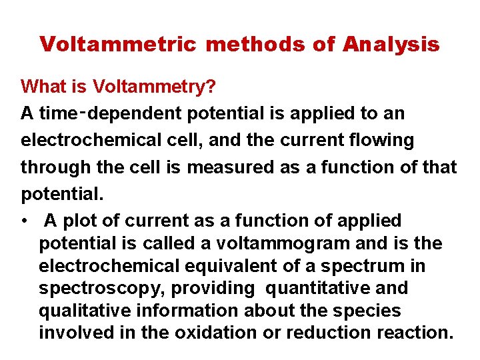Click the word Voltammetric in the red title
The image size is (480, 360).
(117, 45)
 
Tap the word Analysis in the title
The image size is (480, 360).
(391, 45)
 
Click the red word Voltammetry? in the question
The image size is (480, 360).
(149, 87)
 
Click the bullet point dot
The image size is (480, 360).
(23, 221)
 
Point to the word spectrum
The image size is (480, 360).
(363, 266)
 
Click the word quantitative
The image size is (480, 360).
(323, 289)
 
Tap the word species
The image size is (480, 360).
(371, 311)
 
